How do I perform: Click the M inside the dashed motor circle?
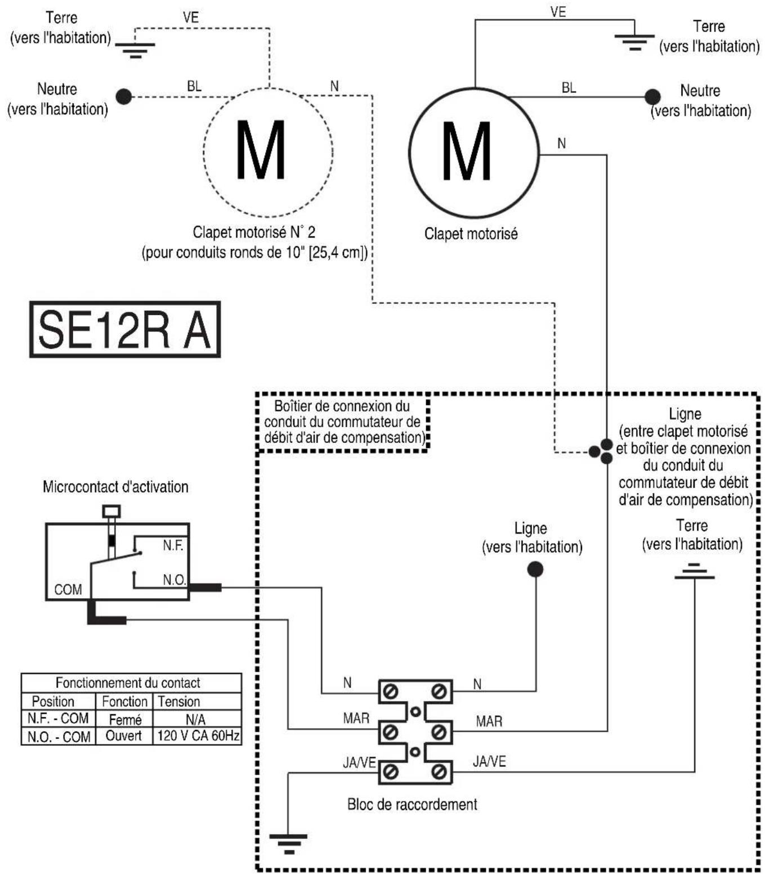(x=261, y=150)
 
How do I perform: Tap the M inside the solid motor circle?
(x=467, y=151)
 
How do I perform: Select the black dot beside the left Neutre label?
(x=124, y=97)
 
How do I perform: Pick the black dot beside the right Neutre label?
(x=652, y=97)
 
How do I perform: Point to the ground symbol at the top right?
(x=634, y=42)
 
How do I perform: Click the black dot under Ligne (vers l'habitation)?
(x=535, y=569)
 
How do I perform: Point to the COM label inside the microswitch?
(x=68, y=590)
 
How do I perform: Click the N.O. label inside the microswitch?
(x=174, y=580)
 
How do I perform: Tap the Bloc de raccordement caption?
(x=412, y=804)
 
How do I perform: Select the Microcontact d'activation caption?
(x=115, y=487)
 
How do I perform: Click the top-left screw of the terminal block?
(x=391, y=692)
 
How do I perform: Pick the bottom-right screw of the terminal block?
(x=438, y=772)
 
